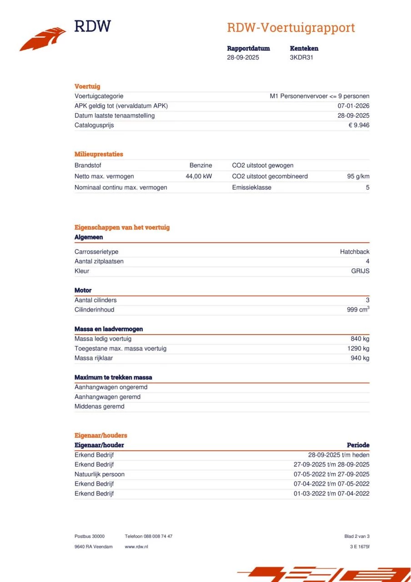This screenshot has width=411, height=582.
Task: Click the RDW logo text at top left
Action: coord(92,26)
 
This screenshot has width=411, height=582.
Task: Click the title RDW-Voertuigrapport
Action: coord(291,28)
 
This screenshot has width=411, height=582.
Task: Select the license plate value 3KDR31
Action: coord(301,57)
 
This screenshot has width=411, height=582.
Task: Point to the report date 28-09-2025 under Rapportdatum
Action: coord(243,57)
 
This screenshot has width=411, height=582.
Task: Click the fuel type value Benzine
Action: coord(200,166)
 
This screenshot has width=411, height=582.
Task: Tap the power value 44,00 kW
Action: coord(199,176)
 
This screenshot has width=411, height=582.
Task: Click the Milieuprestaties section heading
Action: coord(99,154)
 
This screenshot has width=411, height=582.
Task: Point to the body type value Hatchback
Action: coord(355,252)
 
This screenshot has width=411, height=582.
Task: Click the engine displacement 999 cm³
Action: coord(358,310)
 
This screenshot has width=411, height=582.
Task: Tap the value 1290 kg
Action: coord(358,349)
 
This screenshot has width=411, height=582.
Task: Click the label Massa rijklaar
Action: coord(94,358)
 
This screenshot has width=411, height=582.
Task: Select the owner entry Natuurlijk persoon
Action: coord(100,474)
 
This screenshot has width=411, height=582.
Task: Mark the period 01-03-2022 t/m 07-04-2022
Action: coord(331,494)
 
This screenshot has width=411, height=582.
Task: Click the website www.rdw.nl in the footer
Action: coord(136,547)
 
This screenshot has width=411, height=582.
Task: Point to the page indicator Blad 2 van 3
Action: coord(357,537)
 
